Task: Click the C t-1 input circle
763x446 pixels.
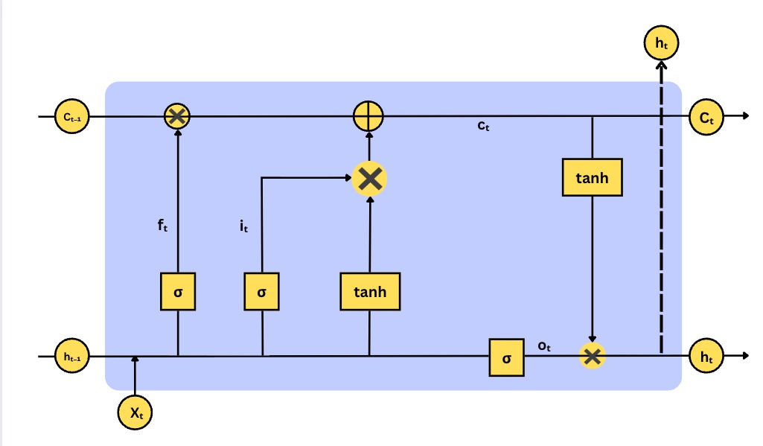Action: click(72, 117)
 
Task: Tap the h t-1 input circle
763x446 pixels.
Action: click(72, 357)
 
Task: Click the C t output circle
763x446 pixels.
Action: click(705, 118)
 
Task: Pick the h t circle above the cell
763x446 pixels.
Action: click(660, 44)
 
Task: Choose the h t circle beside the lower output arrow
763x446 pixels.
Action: click(705, 357)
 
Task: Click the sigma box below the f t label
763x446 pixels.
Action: click(178, 291)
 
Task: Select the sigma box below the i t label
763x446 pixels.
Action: click(262, 291)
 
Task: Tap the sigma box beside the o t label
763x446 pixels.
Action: click(507, 357)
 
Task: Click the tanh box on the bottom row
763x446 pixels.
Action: click(370, 291)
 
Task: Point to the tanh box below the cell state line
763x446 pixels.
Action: click(592, 178)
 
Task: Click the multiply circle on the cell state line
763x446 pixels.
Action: click(177, 116)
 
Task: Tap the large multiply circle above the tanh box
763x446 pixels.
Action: click(370, 178)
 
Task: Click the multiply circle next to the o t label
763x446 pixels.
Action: click(592, 357)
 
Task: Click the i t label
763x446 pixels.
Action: click(243, 224)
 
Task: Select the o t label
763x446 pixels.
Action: click(544, 346)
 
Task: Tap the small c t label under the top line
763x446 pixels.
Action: click(483, 126)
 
